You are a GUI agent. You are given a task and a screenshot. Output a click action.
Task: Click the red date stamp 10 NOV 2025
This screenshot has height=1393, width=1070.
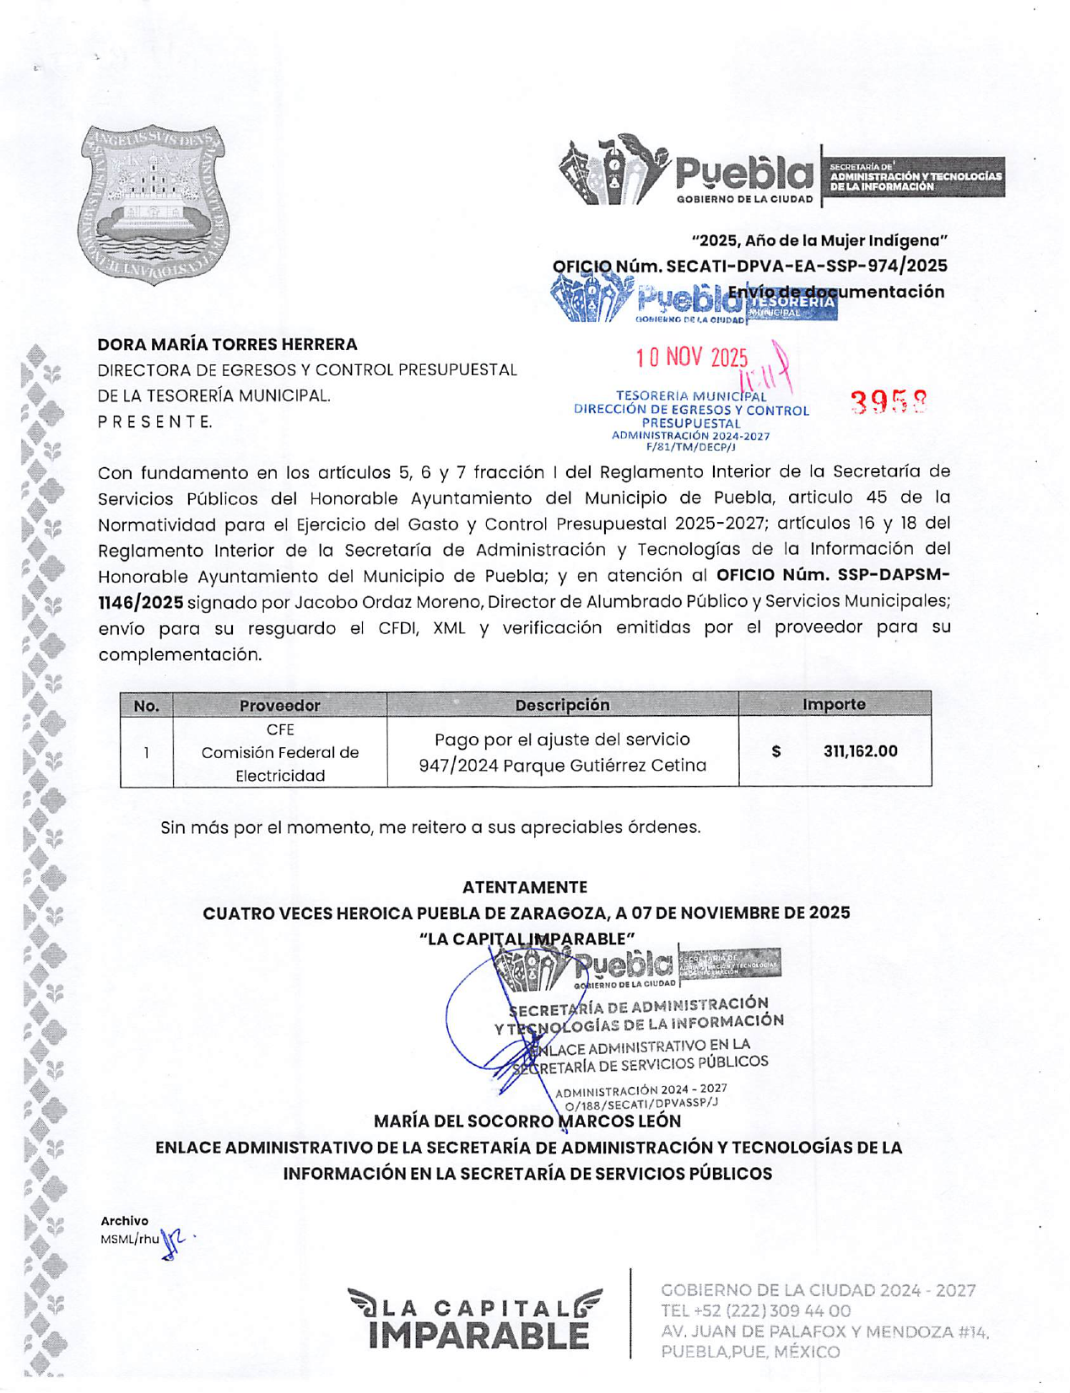692,358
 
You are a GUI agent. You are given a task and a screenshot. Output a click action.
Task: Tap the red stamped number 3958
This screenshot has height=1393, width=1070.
888,404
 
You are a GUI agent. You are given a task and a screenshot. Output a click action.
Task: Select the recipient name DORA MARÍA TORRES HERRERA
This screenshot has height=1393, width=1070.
227,344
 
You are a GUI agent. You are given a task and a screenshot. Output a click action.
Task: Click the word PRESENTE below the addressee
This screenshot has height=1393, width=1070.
154,422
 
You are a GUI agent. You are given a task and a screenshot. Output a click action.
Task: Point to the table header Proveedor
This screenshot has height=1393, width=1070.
279,705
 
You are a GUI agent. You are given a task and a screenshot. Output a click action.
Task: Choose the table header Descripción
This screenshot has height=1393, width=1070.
562,704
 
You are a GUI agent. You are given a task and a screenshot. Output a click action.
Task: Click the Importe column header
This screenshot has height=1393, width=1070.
834,704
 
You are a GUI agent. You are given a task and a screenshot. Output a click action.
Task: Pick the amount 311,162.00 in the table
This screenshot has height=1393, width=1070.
860,751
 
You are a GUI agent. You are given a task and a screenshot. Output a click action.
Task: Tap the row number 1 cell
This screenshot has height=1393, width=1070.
147,752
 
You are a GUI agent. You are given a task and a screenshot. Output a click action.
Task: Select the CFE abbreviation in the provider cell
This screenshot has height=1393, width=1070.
280,729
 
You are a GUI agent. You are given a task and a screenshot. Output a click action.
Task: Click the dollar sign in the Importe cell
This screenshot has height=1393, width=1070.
776,751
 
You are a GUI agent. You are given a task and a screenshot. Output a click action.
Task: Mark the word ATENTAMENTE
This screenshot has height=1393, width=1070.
525,887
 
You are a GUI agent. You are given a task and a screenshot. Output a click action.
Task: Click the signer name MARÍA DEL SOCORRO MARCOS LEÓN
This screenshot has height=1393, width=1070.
527,1121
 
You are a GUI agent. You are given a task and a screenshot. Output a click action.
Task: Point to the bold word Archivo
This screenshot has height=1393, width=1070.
124,1221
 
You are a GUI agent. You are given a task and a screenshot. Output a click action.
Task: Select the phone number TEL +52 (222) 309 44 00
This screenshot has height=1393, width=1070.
755,1311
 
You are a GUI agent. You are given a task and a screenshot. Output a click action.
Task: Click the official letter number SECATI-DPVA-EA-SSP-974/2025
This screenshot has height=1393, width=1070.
806,266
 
